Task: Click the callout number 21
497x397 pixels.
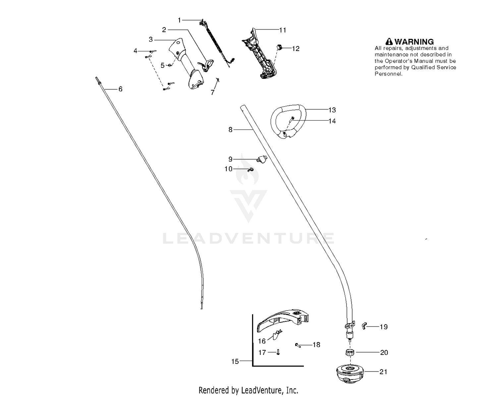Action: [383, 372]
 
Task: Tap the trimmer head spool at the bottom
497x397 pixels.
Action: [350, 373]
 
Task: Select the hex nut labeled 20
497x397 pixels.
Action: [350, 352]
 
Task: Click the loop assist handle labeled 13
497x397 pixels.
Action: [289, 121]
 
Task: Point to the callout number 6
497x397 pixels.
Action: [120, 89]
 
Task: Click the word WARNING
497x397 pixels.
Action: [414, 42]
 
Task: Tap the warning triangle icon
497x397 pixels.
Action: [389, 41]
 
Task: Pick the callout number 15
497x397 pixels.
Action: [235, 361]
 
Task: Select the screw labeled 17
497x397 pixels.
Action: [278, 352]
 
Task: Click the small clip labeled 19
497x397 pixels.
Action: [364, 326]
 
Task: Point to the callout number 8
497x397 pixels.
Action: [230, 130]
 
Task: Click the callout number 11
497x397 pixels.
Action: [283, 30]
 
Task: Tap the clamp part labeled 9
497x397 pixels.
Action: [262, 159]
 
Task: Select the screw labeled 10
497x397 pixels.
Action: [250, 170]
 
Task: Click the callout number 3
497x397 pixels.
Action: [151, 39]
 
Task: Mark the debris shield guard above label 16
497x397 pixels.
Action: [283, 321]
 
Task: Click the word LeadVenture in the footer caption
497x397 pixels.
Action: [261, 390]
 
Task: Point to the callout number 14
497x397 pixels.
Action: [332, 121]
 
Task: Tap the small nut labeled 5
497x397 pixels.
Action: [170, 65]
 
